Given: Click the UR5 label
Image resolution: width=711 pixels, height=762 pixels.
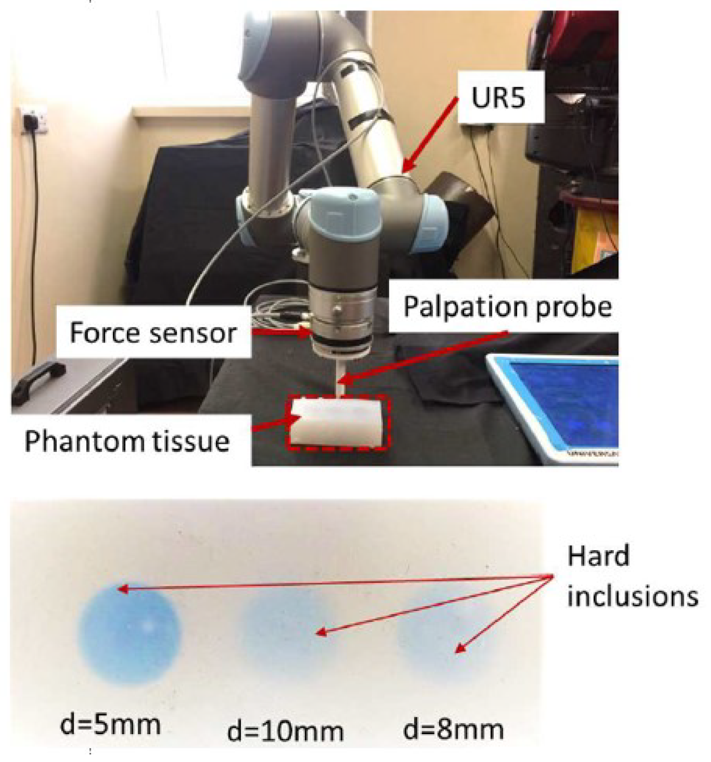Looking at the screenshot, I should [x=498, y=98].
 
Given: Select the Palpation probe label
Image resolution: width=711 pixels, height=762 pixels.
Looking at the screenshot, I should [x=508, y=307].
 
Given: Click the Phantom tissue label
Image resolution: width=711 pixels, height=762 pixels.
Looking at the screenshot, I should [x=127, y=441].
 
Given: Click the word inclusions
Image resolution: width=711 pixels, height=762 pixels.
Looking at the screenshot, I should [x=632, y=596].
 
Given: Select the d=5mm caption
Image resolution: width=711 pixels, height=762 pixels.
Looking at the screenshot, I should [x=110, y=724].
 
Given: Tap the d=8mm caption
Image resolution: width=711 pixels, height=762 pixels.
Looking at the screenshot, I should [x=454, y=729].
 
